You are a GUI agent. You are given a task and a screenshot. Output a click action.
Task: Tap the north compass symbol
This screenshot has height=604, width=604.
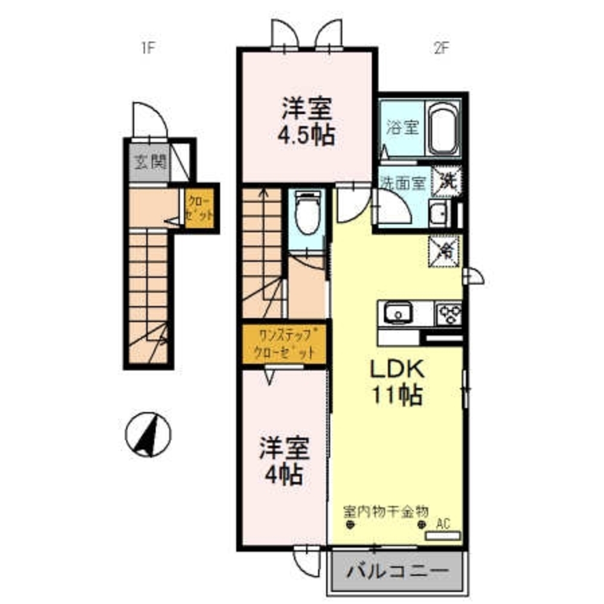(x=148, y=434)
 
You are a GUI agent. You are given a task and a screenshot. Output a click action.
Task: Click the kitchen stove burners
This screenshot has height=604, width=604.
(x=449, y=313)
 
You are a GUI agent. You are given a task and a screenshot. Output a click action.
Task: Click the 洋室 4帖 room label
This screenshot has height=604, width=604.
(x=284, y=462)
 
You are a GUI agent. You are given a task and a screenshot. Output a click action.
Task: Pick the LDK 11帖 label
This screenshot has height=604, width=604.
(x=397, y=382)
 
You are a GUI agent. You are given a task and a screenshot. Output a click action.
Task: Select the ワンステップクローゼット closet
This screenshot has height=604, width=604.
(x=285, y=344)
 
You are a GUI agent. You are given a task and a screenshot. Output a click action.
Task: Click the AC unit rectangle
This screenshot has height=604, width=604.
(x=443, y=535)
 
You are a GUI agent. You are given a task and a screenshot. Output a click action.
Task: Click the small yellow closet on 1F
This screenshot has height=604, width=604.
(x=199, y=208)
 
